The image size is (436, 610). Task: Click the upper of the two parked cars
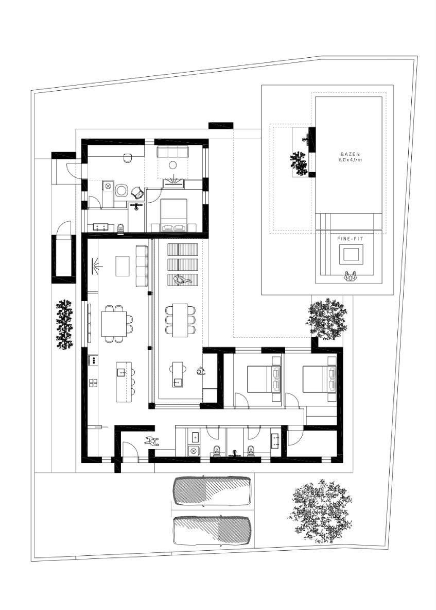tap(212, 491)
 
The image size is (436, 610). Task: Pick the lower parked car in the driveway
tap(212, 531)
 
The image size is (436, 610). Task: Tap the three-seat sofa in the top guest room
tap(172, 152)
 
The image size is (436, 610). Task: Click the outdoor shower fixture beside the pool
tap(306, 138)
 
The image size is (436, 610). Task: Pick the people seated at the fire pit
tap(351, 276)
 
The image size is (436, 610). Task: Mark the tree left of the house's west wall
tap(64, 324)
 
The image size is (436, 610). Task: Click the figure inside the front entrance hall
tap(152, 441)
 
